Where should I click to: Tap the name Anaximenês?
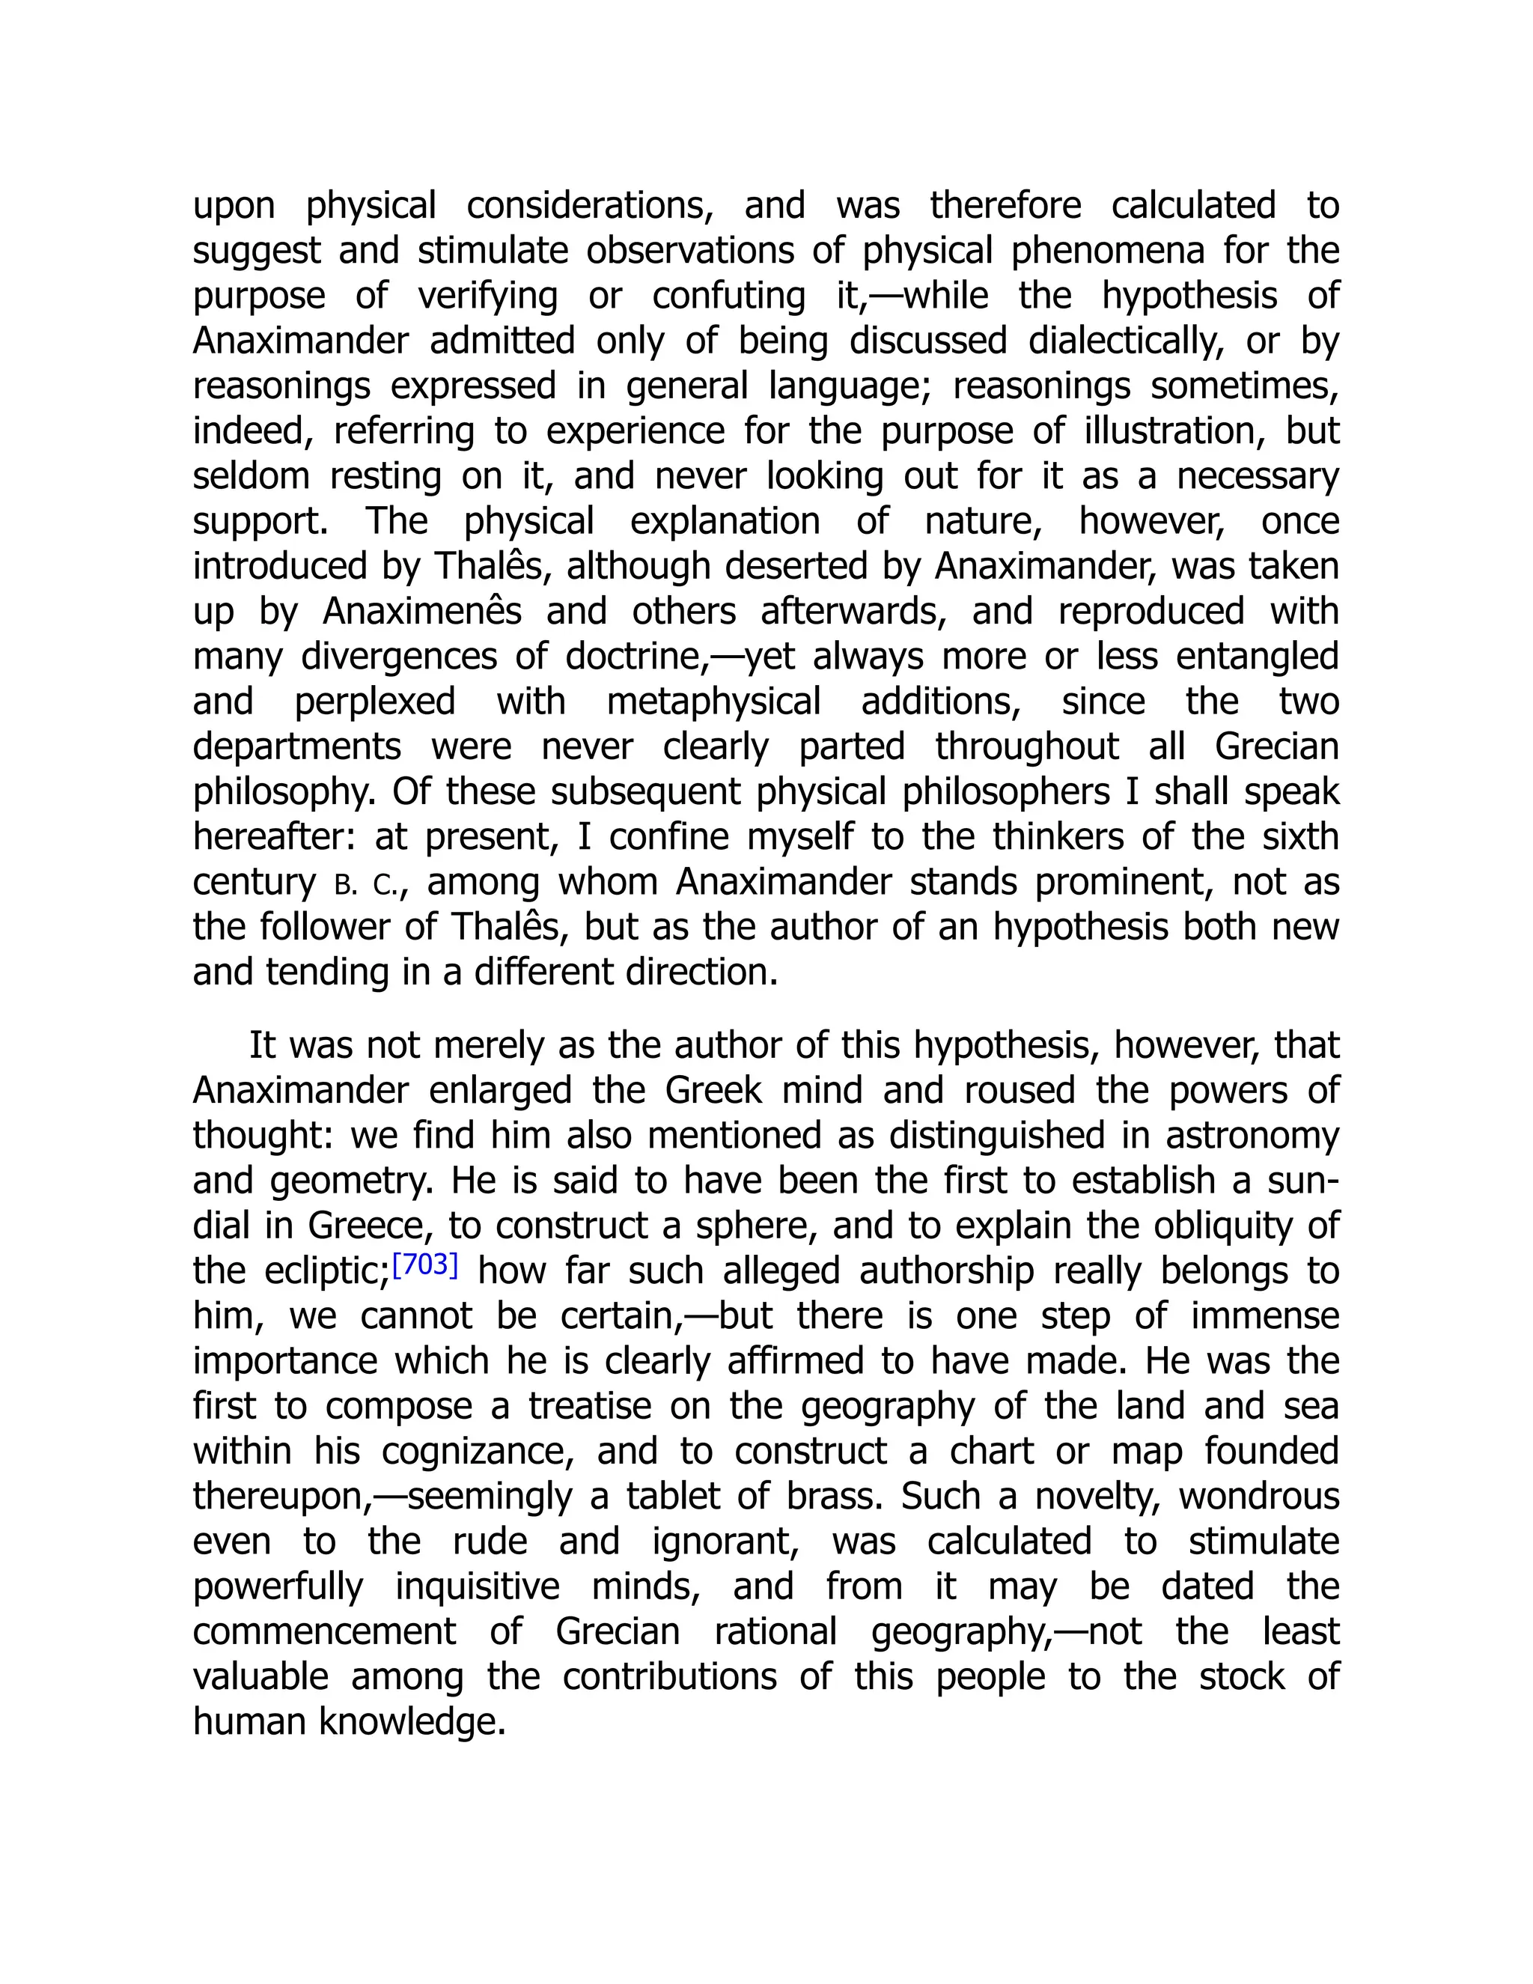tap(422, 612)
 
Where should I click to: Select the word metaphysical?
tap(714, 702)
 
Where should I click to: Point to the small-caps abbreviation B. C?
tap(365, 884)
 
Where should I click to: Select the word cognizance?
tap(478, 1452)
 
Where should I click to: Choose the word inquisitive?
tap(478, 1587)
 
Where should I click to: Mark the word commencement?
tap(324, 1631)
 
